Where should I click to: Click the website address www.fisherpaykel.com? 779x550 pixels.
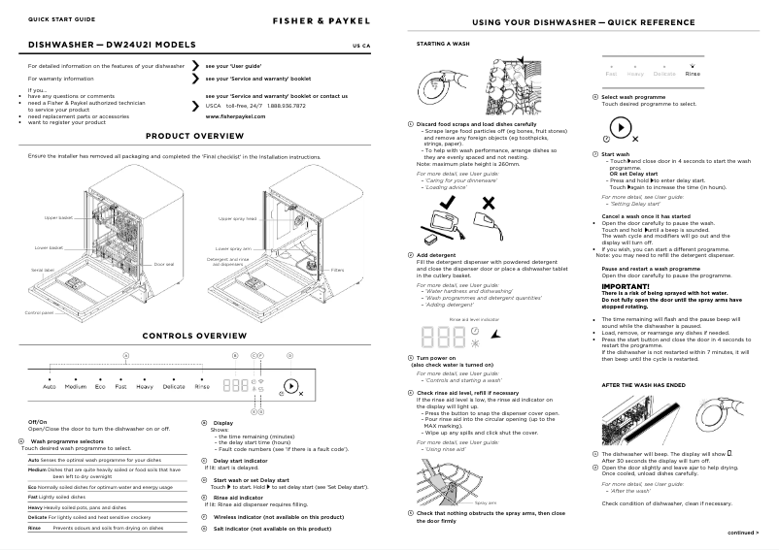tap(236, 115)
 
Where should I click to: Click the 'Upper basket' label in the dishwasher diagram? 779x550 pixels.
tap(59, 218)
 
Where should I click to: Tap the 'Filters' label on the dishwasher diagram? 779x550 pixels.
tap(337, 270)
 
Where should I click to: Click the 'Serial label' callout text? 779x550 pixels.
tap(42, 270)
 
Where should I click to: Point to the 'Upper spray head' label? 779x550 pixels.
tap(237, 219)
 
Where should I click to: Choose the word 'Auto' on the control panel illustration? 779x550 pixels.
tap(50, 386)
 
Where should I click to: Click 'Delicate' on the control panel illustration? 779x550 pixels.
tap(174, 386)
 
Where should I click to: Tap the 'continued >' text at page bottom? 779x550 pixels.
tap(744, 533)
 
